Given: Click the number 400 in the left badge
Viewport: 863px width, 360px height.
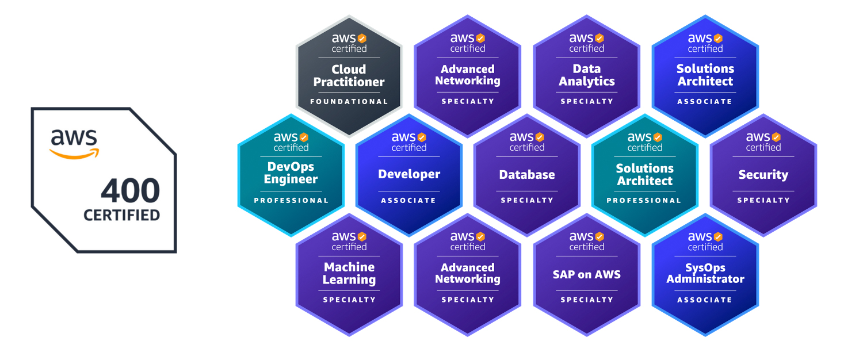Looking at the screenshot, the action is pyautogui.click(x=130, y=190).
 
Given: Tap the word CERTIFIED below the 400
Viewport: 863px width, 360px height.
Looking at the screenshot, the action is pyautogui.click(x=122, y=215).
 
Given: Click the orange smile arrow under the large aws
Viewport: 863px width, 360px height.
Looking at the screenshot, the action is pyautogui.click(x=74, y=154).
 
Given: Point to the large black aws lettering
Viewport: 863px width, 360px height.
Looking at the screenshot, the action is pyautogui.click(x=74, y=137).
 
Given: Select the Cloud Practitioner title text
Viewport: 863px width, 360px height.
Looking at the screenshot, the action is pyautogui.click(x=349, y=75).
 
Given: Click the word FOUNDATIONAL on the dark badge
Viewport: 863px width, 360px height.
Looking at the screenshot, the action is pyautogui.click(x=349, y=102).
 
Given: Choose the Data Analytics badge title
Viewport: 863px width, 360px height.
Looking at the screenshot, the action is pyautogui.click(x=587, y=75).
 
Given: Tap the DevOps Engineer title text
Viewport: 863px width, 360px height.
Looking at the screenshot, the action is pyautogui.click(x=291, y=173).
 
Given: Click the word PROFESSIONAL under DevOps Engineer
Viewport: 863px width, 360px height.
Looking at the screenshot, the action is pyautogui.click(x=291, y=201).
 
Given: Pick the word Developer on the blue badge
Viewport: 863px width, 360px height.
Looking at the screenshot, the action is pyautogui.click(x=409, y=174).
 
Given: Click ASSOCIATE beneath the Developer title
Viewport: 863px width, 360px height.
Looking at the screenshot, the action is pyautogui.click(x=408, y=201).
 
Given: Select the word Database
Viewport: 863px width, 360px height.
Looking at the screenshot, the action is pyautogui.click(x=527, y=175).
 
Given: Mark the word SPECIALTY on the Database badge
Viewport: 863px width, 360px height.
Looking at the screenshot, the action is pyautogui.click(x=527, y=201).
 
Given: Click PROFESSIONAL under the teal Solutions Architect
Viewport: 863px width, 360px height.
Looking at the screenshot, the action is pyautogui.click(x=644, y=201).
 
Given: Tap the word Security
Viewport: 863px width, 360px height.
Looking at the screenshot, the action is pyautogui.click(x=763, y=175).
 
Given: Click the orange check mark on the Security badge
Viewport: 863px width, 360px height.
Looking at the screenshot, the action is pyautogui.click(x=776, y=137).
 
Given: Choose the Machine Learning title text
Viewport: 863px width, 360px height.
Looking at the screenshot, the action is pyautogui.click(x=349, y=273).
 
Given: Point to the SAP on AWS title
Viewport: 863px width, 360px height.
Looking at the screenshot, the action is pyautogui.click(x=587, y=274).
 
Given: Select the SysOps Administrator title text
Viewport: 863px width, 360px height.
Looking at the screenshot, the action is pyautogui.click(x=705, y=273).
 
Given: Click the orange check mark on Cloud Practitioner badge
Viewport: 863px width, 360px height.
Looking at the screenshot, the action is pyautogui.click(x=362, y=38).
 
